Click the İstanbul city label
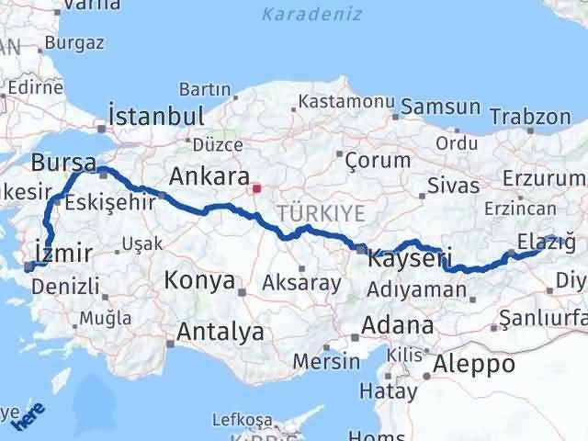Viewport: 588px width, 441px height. click(x=155, y=116)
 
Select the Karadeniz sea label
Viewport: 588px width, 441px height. click(x=311, y=15)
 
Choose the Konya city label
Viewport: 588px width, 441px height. click(x=199, y=280)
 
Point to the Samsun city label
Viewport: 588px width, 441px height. click(x=439, y=107)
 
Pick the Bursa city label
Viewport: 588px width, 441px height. click(x=63, y=164)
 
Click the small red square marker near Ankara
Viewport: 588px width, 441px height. click(x=256, y=190)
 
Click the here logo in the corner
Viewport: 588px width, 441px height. click(x=29, y=418)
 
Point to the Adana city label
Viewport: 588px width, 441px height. click(x=398, y=324)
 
